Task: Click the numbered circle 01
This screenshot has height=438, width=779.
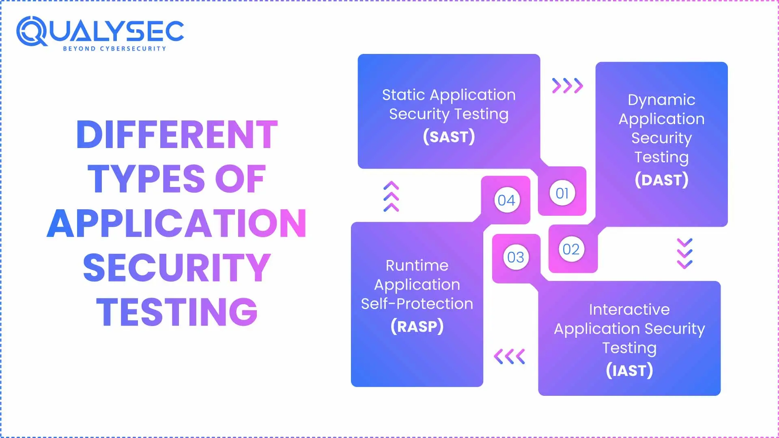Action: [x=562, y=193]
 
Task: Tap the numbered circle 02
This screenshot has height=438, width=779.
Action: [x=571, y=249]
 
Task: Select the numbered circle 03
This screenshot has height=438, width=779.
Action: [x=516, y=257]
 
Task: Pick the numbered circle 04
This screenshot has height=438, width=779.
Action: [x=506, y=200]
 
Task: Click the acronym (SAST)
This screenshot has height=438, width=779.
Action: [x=449, y=137]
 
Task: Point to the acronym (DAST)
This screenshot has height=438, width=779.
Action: [x=661, y=180]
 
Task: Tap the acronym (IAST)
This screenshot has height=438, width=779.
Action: [x=629, y=370]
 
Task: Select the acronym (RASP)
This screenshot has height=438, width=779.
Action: [x=417, y=326]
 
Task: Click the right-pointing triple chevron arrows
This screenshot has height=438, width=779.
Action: [x=568, y=86]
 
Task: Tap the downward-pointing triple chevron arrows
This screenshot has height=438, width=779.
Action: [x=685, y=254]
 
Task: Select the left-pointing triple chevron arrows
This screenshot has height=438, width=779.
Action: [x=509, y=356]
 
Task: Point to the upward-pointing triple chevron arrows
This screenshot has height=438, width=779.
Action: [x=391, y=196]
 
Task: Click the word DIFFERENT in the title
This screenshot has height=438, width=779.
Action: [x=177, y=135]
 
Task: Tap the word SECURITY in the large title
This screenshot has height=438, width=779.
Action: [x=177, y=267]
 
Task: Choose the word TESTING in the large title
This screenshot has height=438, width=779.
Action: [x=177, y=312]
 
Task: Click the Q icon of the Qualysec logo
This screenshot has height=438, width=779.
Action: [x=32, y=31]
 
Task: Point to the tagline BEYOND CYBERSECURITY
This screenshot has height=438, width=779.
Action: [x=114, y=49]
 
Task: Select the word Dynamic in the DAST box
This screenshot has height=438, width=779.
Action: [x=661, y=100]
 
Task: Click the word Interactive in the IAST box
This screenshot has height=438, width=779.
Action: [x=629, y=309]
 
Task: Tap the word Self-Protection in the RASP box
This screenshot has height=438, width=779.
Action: [x=417, y=304]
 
